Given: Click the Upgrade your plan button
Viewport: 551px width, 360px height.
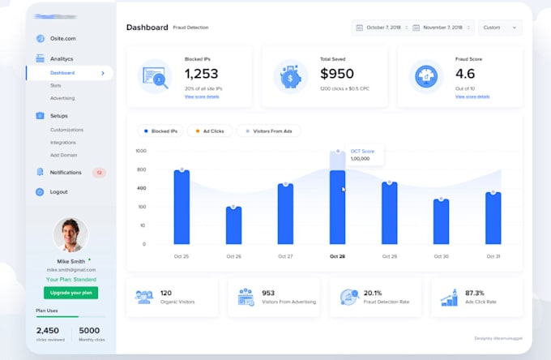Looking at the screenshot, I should click(x=71, y=292).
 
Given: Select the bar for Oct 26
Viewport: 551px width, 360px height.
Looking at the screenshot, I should click(x=233, y=225).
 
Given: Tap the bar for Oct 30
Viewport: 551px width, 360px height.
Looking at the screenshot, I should click(x=441, y=221).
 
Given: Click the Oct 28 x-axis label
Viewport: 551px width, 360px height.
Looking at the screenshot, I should click(x=337, y=256).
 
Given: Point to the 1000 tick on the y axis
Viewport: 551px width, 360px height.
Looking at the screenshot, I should click(x=141, y=151).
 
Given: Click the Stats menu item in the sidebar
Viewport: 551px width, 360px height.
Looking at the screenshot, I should click(x=56, y=84).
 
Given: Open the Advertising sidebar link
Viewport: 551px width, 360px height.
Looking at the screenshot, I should click(x=62, y=98).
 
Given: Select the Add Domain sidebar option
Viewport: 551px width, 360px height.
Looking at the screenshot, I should click(x=63, y=154).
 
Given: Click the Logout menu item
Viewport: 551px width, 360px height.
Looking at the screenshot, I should click(x=58, y=192).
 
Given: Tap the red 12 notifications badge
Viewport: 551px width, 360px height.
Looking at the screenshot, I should click(x=99, y=173).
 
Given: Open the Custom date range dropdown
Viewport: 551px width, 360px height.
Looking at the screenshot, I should click(x=500, y=28).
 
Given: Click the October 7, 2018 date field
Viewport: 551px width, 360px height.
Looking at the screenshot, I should click(x=381, y=28).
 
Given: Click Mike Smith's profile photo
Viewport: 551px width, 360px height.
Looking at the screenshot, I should click(x=70, y=234).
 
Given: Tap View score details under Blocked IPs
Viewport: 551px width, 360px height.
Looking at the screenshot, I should click(x=202, y=96).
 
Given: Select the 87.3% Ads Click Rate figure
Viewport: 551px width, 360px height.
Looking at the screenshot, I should click(x=474, y=293).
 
